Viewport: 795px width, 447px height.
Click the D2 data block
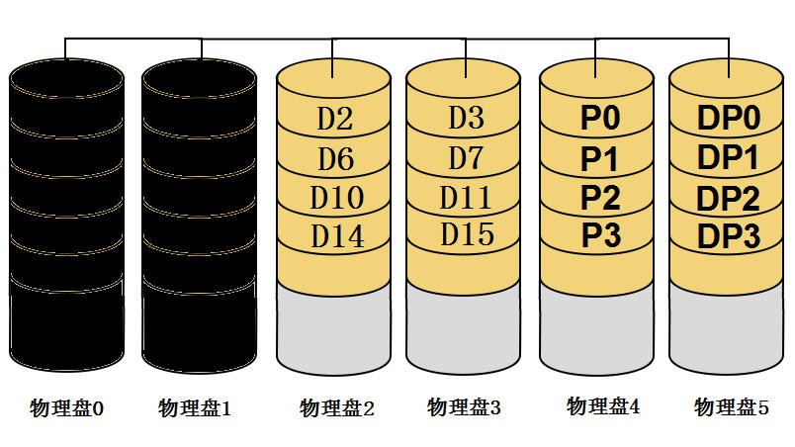pyautogui.click(x=334, y=119)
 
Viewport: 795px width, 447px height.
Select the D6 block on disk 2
pyautogui.click(x=334, y=158)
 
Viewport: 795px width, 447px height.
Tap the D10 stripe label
pyautogui.click(x=334, y=197)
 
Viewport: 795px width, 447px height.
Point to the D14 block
pyautogui.click(x=335, y=236)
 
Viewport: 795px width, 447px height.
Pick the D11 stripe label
pyautogui.click(x=466, y=196)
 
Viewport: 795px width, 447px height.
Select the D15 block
pyautogui.click(x=466, y=234)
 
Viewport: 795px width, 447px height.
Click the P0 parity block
pyautogui.click(x=599, y=119)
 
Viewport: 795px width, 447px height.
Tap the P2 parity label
pyautogui.click(x=599, y=197)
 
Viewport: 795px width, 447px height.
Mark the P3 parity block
pyautogui.click(x=599, y=235)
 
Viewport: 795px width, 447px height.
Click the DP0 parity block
pyautogui.click(x=728, y=120)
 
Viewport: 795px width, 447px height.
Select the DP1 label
pyautogui.click(x=728, y=158)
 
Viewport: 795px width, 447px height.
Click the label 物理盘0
pyautogui.click(x=66, y=407)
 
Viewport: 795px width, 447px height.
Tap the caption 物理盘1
pyautogui.click(x=195, y=407)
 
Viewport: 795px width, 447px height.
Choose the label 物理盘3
pyautogui.click(x=465, y=406)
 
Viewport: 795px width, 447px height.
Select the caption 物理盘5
pyautogui.click(x=731, y=406)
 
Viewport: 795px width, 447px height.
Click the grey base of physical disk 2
pyautogui.click(x=333, y=326)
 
